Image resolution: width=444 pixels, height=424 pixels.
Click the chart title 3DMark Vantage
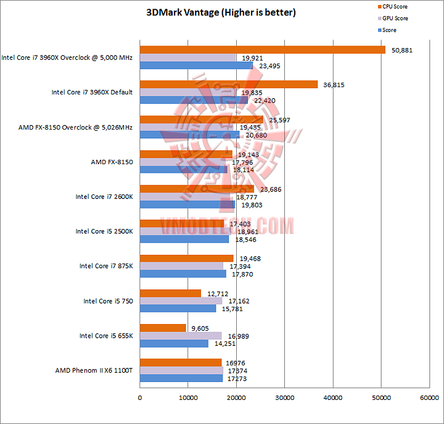pos(221,12)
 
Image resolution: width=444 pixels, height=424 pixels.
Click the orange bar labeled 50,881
pos(263,50)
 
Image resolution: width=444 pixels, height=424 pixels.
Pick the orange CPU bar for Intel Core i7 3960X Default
pos(229,85)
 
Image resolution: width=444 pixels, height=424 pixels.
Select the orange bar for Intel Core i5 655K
pos(163,328)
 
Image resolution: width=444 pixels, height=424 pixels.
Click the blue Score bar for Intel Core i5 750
pos(178,309)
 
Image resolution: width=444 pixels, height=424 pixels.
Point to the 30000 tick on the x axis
pos(285,399)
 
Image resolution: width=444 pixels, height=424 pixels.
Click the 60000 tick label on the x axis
pos(429,399)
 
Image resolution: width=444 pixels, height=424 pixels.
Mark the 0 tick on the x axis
pos(141,399)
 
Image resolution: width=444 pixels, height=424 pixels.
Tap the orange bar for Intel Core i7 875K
pos(187,258)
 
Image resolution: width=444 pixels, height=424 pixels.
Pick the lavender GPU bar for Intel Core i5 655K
pos(181,336)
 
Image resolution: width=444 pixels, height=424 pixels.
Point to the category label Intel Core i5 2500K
pos(104,231)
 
